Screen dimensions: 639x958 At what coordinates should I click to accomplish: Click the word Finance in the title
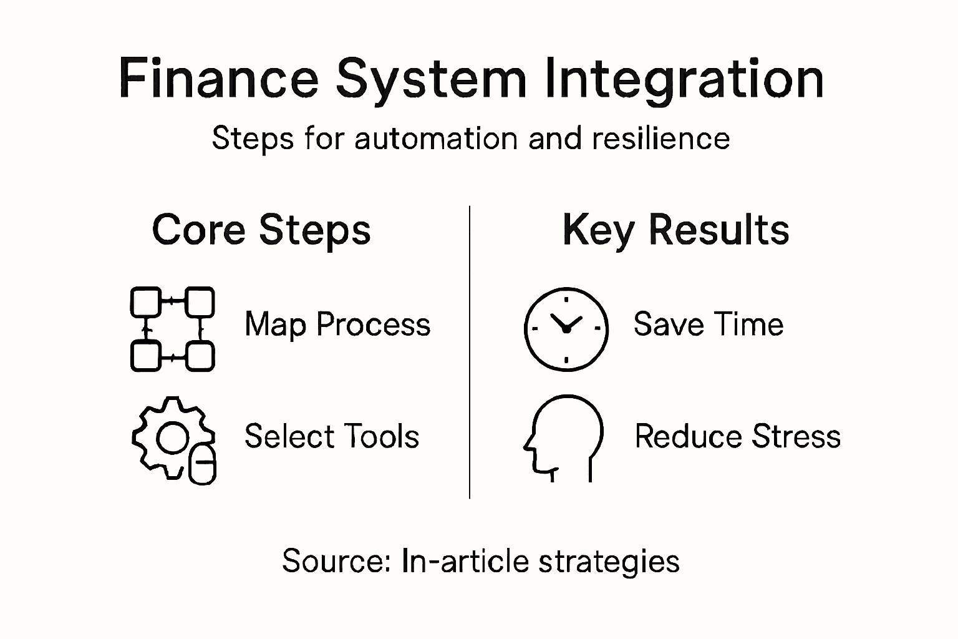(218, 79)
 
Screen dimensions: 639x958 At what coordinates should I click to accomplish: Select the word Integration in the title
(684, 79)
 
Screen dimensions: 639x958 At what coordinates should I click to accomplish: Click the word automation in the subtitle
(436, 138)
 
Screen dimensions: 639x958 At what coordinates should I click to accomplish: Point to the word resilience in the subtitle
(661, 138)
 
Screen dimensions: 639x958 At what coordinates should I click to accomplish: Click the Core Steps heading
(261, 230)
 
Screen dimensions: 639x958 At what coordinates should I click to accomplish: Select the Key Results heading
(675, 230)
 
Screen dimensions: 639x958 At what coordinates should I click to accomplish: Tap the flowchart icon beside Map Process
(173, 329)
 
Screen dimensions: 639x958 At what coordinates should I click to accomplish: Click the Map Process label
(337, 324)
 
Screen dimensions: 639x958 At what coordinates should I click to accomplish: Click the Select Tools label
(332, 436)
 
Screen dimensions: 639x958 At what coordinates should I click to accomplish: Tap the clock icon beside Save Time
(566, 329)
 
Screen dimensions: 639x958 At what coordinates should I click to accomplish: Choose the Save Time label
(709, 324)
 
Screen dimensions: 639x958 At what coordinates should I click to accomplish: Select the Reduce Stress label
(738, 436)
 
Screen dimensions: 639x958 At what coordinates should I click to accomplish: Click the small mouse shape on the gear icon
(202, 464)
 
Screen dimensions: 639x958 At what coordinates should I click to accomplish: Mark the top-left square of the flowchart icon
(145, 302)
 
